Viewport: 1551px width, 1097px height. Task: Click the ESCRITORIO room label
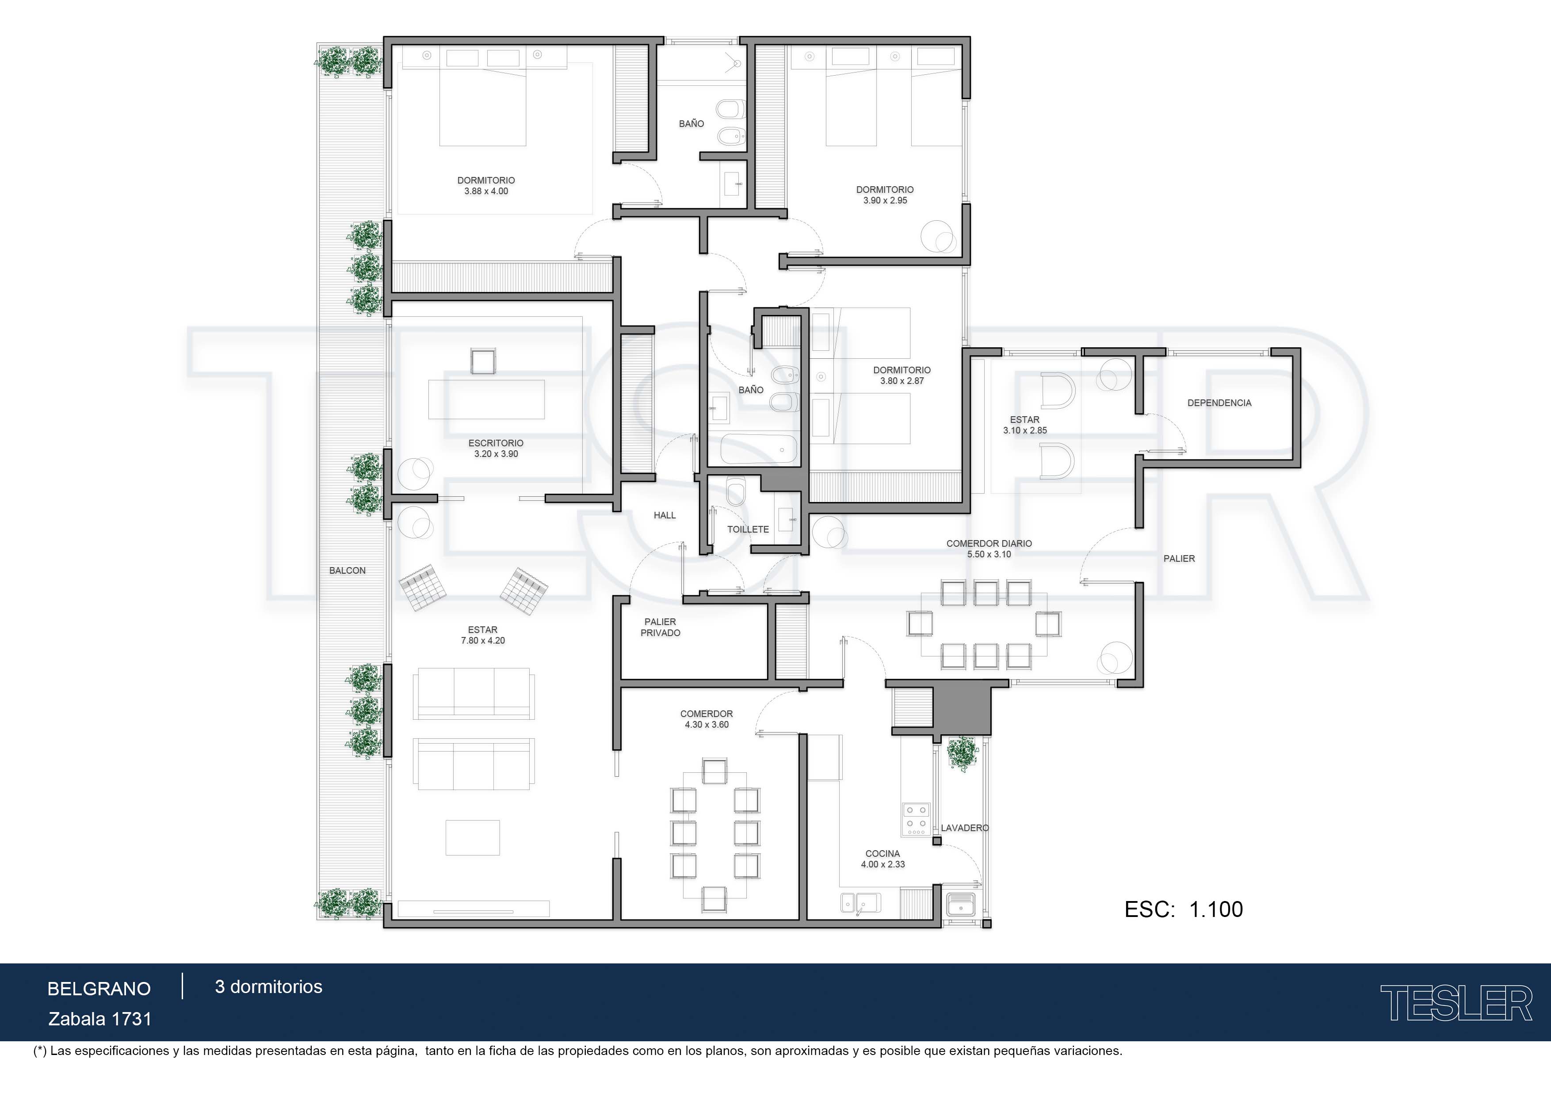click(496, 443)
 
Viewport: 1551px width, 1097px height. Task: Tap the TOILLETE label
click(748, 529)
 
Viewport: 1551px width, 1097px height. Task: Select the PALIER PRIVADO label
click(661, 627)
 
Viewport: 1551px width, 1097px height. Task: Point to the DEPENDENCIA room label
click(1219, 403)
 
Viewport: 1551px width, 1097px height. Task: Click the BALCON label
click(347, 571)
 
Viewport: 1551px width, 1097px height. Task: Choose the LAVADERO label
click(965, 828)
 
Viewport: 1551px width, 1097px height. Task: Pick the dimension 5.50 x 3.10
click(989, 554)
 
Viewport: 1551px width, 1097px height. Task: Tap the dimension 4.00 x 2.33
click(883, 864)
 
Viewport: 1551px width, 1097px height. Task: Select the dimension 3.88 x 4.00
click(486, 191)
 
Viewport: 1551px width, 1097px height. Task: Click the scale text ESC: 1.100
click(1184, 909)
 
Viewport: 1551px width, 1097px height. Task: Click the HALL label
click(665, 515)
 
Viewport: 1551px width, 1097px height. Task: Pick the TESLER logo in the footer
click(1456, 1003)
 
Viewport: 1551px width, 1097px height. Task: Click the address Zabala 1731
click(100, 1019)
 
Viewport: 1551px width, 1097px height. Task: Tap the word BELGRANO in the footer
click(99, 989)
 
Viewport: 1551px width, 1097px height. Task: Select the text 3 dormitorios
click(269, 987)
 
